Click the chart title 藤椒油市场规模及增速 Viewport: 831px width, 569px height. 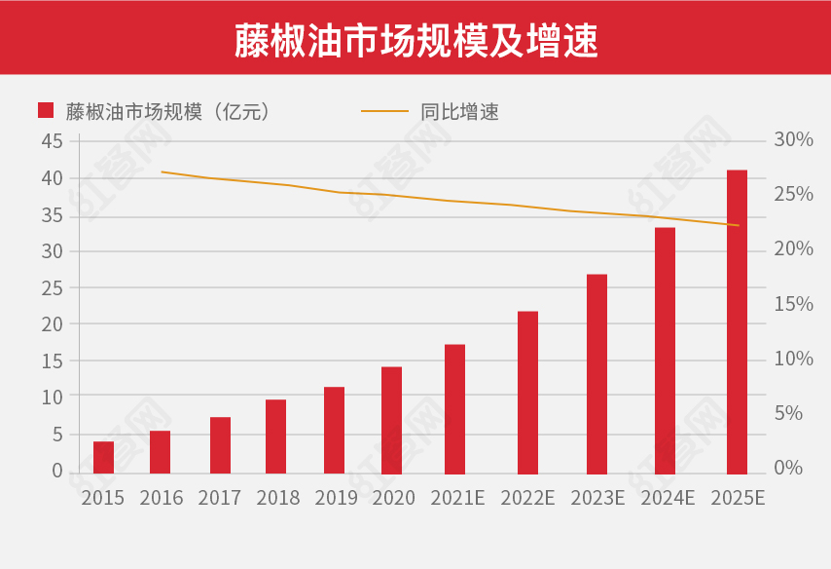tap(415, 38)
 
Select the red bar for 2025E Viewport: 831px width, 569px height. tap(737, 322)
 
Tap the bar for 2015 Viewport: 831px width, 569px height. tap(103, 457)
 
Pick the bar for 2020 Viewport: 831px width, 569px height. tap(391, 420)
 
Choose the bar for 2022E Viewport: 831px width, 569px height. tap(527, 393)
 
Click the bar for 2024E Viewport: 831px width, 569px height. tap(665, 351)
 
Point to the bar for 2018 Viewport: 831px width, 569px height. tap(275, 436)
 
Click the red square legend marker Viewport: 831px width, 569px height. tap(45, 110)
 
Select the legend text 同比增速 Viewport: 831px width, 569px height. tap(459, 111)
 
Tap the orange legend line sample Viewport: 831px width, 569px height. tap(384, 111)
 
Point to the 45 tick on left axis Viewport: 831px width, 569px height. tap(53, 141)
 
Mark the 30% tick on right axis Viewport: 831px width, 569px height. tap(793, 140)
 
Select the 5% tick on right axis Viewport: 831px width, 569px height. tap(788, 413)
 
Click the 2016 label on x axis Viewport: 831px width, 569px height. tap(162, 498)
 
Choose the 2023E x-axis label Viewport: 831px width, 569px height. tap(597, 498)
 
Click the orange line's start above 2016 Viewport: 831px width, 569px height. tap(162, 171)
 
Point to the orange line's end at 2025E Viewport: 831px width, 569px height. tap(739, 225)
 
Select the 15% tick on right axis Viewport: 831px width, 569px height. tap(793, 304)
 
